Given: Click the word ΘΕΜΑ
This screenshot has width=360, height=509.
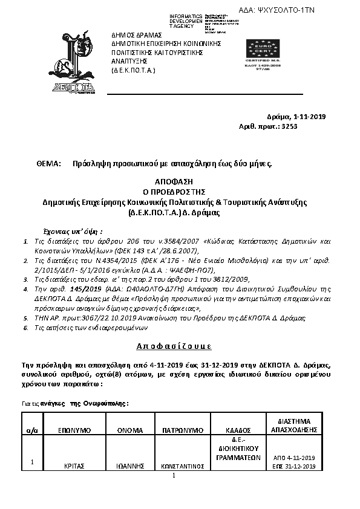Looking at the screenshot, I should coord(49,163).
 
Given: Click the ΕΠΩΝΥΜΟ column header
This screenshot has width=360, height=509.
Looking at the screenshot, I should coord(74,430).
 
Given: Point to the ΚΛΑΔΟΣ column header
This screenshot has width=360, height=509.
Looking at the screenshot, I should coord(237,430).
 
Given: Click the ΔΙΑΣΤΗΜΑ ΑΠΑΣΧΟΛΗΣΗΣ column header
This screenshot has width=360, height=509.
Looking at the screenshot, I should coord(295,425).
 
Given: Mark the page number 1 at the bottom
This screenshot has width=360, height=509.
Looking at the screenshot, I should coord(173,475).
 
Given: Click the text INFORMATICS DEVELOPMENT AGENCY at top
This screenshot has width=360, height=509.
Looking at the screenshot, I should coord(186,21).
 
